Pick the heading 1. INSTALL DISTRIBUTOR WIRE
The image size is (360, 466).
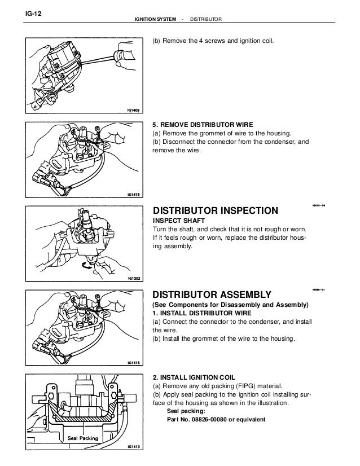[x=200, y=313]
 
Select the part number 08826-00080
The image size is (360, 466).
[x=212, y=420]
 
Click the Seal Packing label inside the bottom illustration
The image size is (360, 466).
[x=83, y=438]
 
